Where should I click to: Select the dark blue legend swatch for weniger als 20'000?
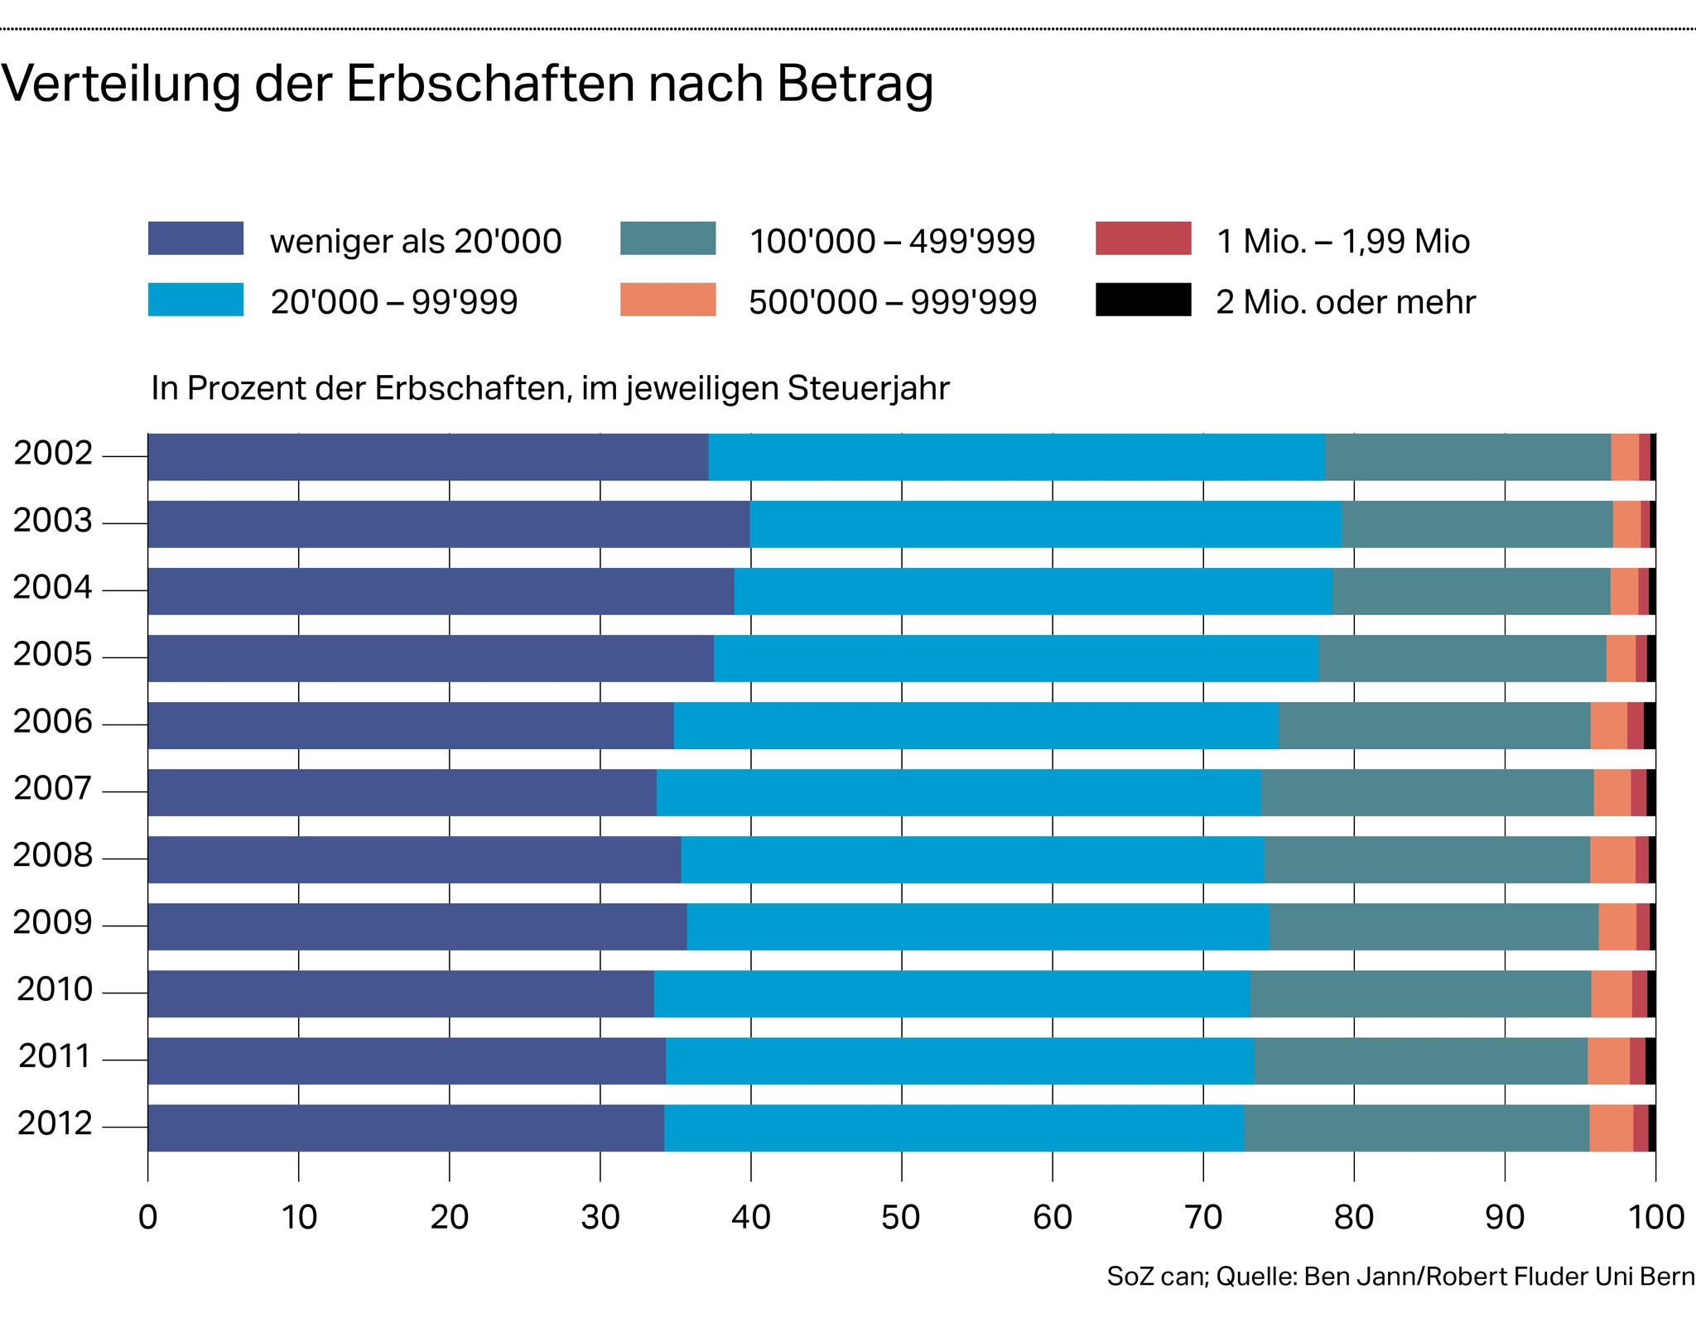195,238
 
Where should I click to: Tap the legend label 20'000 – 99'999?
393,302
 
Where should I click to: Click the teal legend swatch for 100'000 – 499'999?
667,238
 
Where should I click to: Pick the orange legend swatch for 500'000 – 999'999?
667,300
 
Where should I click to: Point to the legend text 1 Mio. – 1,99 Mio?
1342,242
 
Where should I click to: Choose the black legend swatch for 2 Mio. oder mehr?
1143,300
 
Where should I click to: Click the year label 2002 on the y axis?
53,454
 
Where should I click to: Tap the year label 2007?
53,789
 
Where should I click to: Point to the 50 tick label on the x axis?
901,1218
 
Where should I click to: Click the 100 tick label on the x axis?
1655,1218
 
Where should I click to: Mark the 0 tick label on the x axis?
148,1218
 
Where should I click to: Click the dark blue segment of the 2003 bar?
447,524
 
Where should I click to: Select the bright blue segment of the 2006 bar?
976,725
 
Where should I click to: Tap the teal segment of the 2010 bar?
1419,993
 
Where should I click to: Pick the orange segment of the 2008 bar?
1612,859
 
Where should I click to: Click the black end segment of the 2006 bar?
1650,725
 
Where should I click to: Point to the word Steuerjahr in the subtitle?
868,388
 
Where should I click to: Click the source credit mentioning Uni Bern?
1400,1277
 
